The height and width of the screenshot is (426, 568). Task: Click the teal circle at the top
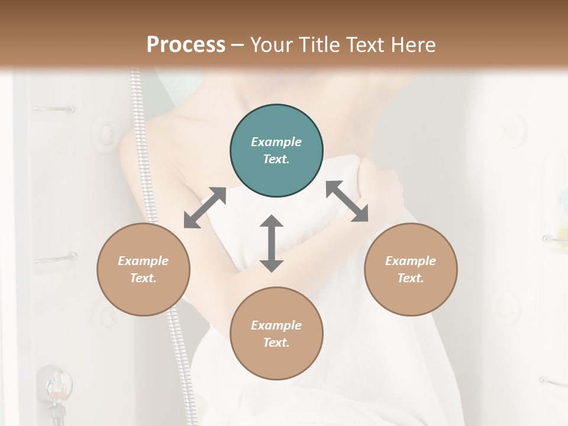pos(276,150)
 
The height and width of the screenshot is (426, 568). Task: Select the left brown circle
pos(143,269)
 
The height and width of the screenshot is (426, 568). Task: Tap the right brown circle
pos(411,269)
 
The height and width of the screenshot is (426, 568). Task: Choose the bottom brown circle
pos(276,333)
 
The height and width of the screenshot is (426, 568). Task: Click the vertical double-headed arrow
pos(272,243)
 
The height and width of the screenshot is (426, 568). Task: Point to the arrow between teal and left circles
pos(205,208)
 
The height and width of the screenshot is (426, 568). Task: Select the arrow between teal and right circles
pos(347,201)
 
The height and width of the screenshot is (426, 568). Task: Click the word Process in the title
pos(186,44)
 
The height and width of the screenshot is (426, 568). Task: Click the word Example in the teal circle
pos(276,142)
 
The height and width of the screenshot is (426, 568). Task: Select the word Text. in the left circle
pos(143,278)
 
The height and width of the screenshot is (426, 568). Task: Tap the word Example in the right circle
pos(411,261)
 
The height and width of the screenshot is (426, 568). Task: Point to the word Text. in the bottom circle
pos(276,343)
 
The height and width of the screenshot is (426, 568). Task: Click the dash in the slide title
pos(237,45)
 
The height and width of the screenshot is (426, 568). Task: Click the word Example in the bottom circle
pos(276,325)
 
